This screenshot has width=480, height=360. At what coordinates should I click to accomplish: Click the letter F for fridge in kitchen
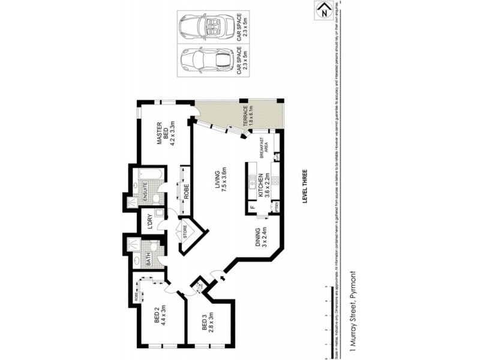(252, 208)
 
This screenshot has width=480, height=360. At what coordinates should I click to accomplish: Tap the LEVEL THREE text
(304, 185)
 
